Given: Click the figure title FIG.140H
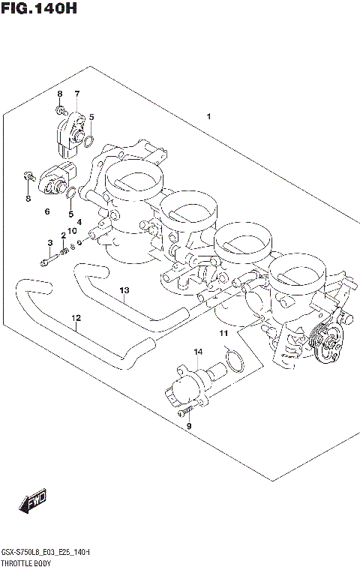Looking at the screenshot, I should click(x=39, y=10).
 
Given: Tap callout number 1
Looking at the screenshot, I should click(x=208, y=116).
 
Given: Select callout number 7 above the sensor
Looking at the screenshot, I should click(x=76, y=94).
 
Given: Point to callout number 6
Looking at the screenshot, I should click(x=46, y=212).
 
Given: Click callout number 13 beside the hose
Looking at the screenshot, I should click(x=124, y=290).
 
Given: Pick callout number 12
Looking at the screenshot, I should click(x=76, y=318).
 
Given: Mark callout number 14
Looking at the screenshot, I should click(x=198, y=351).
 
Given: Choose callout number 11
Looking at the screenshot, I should click(x=222, y=332).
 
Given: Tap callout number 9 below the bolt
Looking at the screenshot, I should click(x=189, y=426).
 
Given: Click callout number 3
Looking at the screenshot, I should click(x=50, y=242).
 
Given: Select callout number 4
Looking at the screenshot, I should click(x=78, y=221).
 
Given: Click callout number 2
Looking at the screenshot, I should click(x=63, y=237).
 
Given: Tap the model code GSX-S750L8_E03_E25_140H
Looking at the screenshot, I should click(x=46, y=552).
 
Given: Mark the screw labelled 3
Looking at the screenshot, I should click(x=46, y=262).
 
